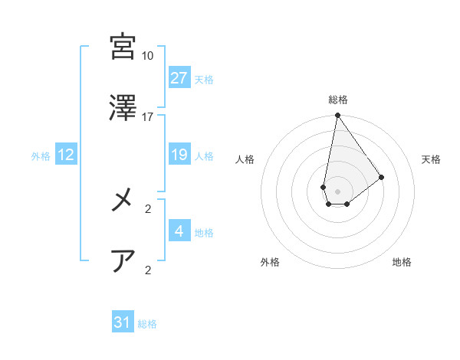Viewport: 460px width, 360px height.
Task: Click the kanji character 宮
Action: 123,47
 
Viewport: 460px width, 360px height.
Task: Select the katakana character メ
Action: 123,201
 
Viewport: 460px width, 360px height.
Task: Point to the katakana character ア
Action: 123,262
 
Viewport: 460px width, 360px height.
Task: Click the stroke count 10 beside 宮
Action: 147,56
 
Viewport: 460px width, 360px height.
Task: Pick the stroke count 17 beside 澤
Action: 147,117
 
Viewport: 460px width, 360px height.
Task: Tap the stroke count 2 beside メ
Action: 147,208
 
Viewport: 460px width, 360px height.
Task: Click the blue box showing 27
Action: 179,78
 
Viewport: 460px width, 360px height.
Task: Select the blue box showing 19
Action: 179,155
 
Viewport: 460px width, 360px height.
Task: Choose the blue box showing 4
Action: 179,231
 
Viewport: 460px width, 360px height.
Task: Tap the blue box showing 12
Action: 66,155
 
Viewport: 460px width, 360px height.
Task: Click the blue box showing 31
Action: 123,322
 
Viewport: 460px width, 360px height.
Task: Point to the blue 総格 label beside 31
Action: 147,324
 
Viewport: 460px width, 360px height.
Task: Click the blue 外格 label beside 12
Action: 41,156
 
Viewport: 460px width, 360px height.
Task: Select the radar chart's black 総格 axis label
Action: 338,100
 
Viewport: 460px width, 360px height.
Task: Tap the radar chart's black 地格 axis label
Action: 402,262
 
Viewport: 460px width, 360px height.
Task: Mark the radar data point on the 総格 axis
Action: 337,116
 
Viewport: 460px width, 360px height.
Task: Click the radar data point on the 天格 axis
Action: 382,177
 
